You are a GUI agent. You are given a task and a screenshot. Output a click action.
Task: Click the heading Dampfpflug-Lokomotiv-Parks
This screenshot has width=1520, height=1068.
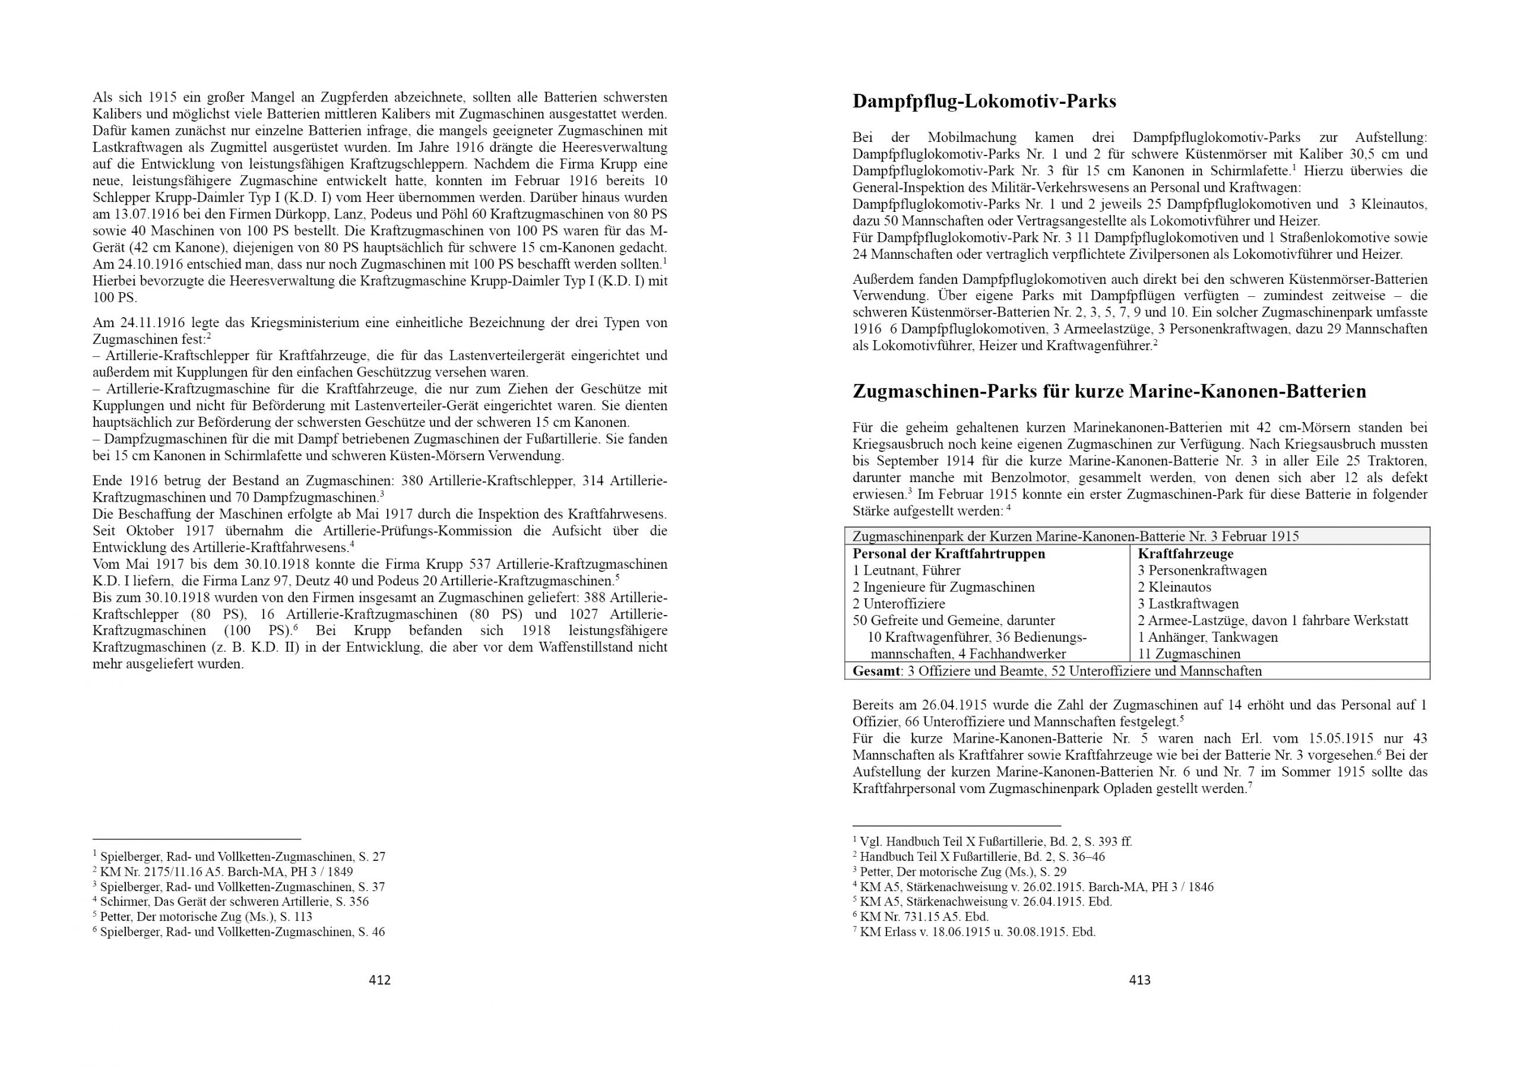pyautogui.click(x=984, y=102)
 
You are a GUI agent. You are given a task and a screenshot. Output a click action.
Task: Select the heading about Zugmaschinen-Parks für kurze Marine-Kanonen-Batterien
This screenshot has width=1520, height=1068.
pyautogui.click(x=1109, y=391)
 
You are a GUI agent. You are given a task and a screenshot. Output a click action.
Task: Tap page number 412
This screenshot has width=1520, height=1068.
pyautogui.click(x=379, y=980)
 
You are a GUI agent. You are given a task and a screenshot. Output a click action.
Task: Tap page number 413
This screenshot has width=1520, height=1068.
pyautogui.click(x=1139, y=980)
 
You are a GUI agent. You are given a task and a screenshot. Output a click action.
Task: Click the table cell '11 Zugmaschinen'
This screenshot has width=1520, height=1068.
pyautogui.click(x=1189, y=654)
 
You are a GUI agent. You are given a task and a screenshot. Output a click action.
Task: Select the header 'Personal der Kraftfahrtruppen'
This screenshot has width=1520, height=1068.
pyautogui.click(x=949, y=554)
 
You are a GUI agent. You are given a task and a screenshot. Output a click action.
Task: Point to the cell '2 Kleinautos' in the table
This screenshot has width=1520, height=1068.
pyautogui.click(x=1174, y=587)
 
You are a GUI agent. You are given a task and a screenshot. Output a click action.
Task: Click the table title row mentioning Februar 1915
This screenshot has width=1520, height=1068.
pyautogui.click(x=1076, y=537)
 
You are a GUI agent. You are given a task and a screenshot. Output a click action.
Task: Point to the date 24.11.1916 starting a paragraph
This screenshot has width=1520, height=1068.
pyautogui.click(x=153, y=323)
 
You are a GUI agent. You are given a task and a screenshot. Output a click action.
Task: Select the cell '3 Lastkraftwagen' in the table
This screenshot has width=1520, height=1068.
pyautogui.click(x=1187, y=604)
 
